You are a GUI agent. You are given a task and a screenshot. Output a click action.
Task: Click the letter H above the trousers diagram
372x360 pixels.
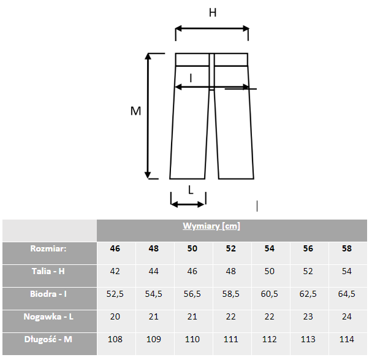tap(213, 13)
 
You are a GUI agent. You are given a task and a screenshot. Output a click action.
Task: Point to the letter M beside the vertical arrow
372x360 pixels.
tap(135, 111)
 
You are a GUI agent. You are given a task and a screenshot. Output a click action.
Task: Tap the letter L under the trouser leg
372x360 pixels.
tap(191, 190)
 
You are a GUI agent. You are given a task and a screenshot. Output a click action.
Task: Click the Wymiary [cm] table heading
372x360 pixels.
tap(211, 226)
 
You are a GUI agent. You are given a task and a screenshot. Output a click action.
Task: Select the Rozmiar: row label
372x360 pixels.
tap(48, 248)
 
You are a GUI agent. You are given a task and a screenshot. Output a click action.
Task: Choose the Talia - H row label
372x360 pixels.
tap(48, 271)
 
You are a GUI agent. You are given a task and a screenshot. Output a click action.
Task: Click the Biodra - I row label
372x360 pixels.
tap(48, 294)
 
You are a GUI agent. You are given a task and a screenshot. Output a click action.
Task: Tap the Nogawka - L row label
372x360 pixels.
tap(48, 316)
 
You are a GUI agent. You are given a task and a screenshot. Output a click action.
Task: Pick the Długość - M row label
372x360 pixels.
tap(48, 339)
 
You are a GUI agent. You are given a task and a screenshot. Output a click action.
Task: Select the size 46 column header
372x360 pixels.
tap(115, 248)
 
